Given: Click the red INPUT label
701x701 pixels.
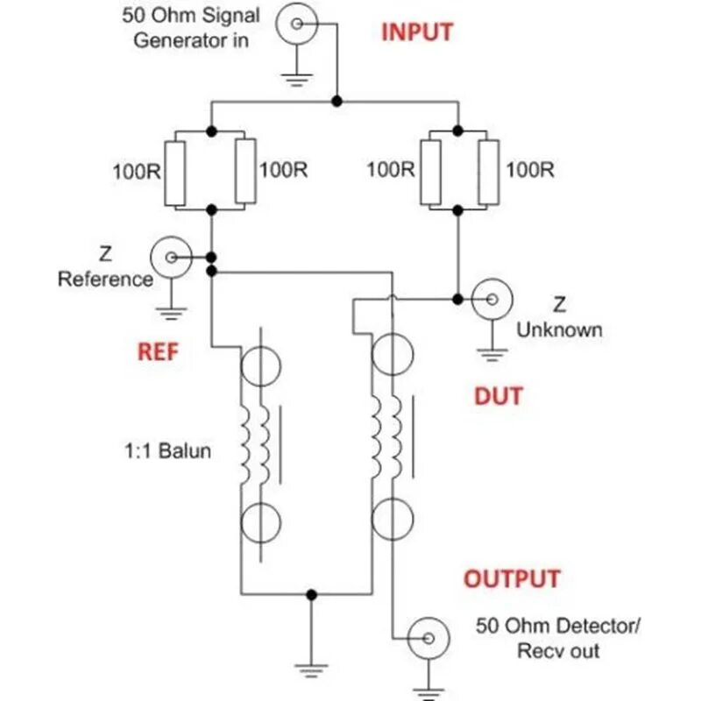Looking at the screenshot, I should point(417,32).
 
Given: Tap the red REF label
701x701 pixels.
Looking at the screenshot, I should point(158,352).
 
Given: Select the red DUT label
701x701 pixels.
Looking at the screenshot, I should point(498,396).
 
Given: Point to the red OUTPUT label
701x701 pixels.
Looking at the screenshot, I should point(511,579).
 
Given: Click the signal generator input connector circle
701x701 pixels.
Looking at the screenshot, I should point(295,24).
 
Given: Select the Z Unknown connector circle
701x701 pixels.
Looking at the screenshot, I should point(491,299).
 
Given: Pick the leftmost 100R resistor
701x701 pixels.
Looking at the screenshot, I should point(176,173).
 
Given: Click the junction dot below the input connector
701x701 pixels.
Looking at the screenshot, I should point(337,102).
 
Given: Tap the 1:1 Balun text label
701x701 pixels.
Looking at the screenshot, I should point(167,453).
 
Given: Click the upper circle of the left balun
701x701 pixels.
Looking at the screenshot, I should point(260,365).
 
